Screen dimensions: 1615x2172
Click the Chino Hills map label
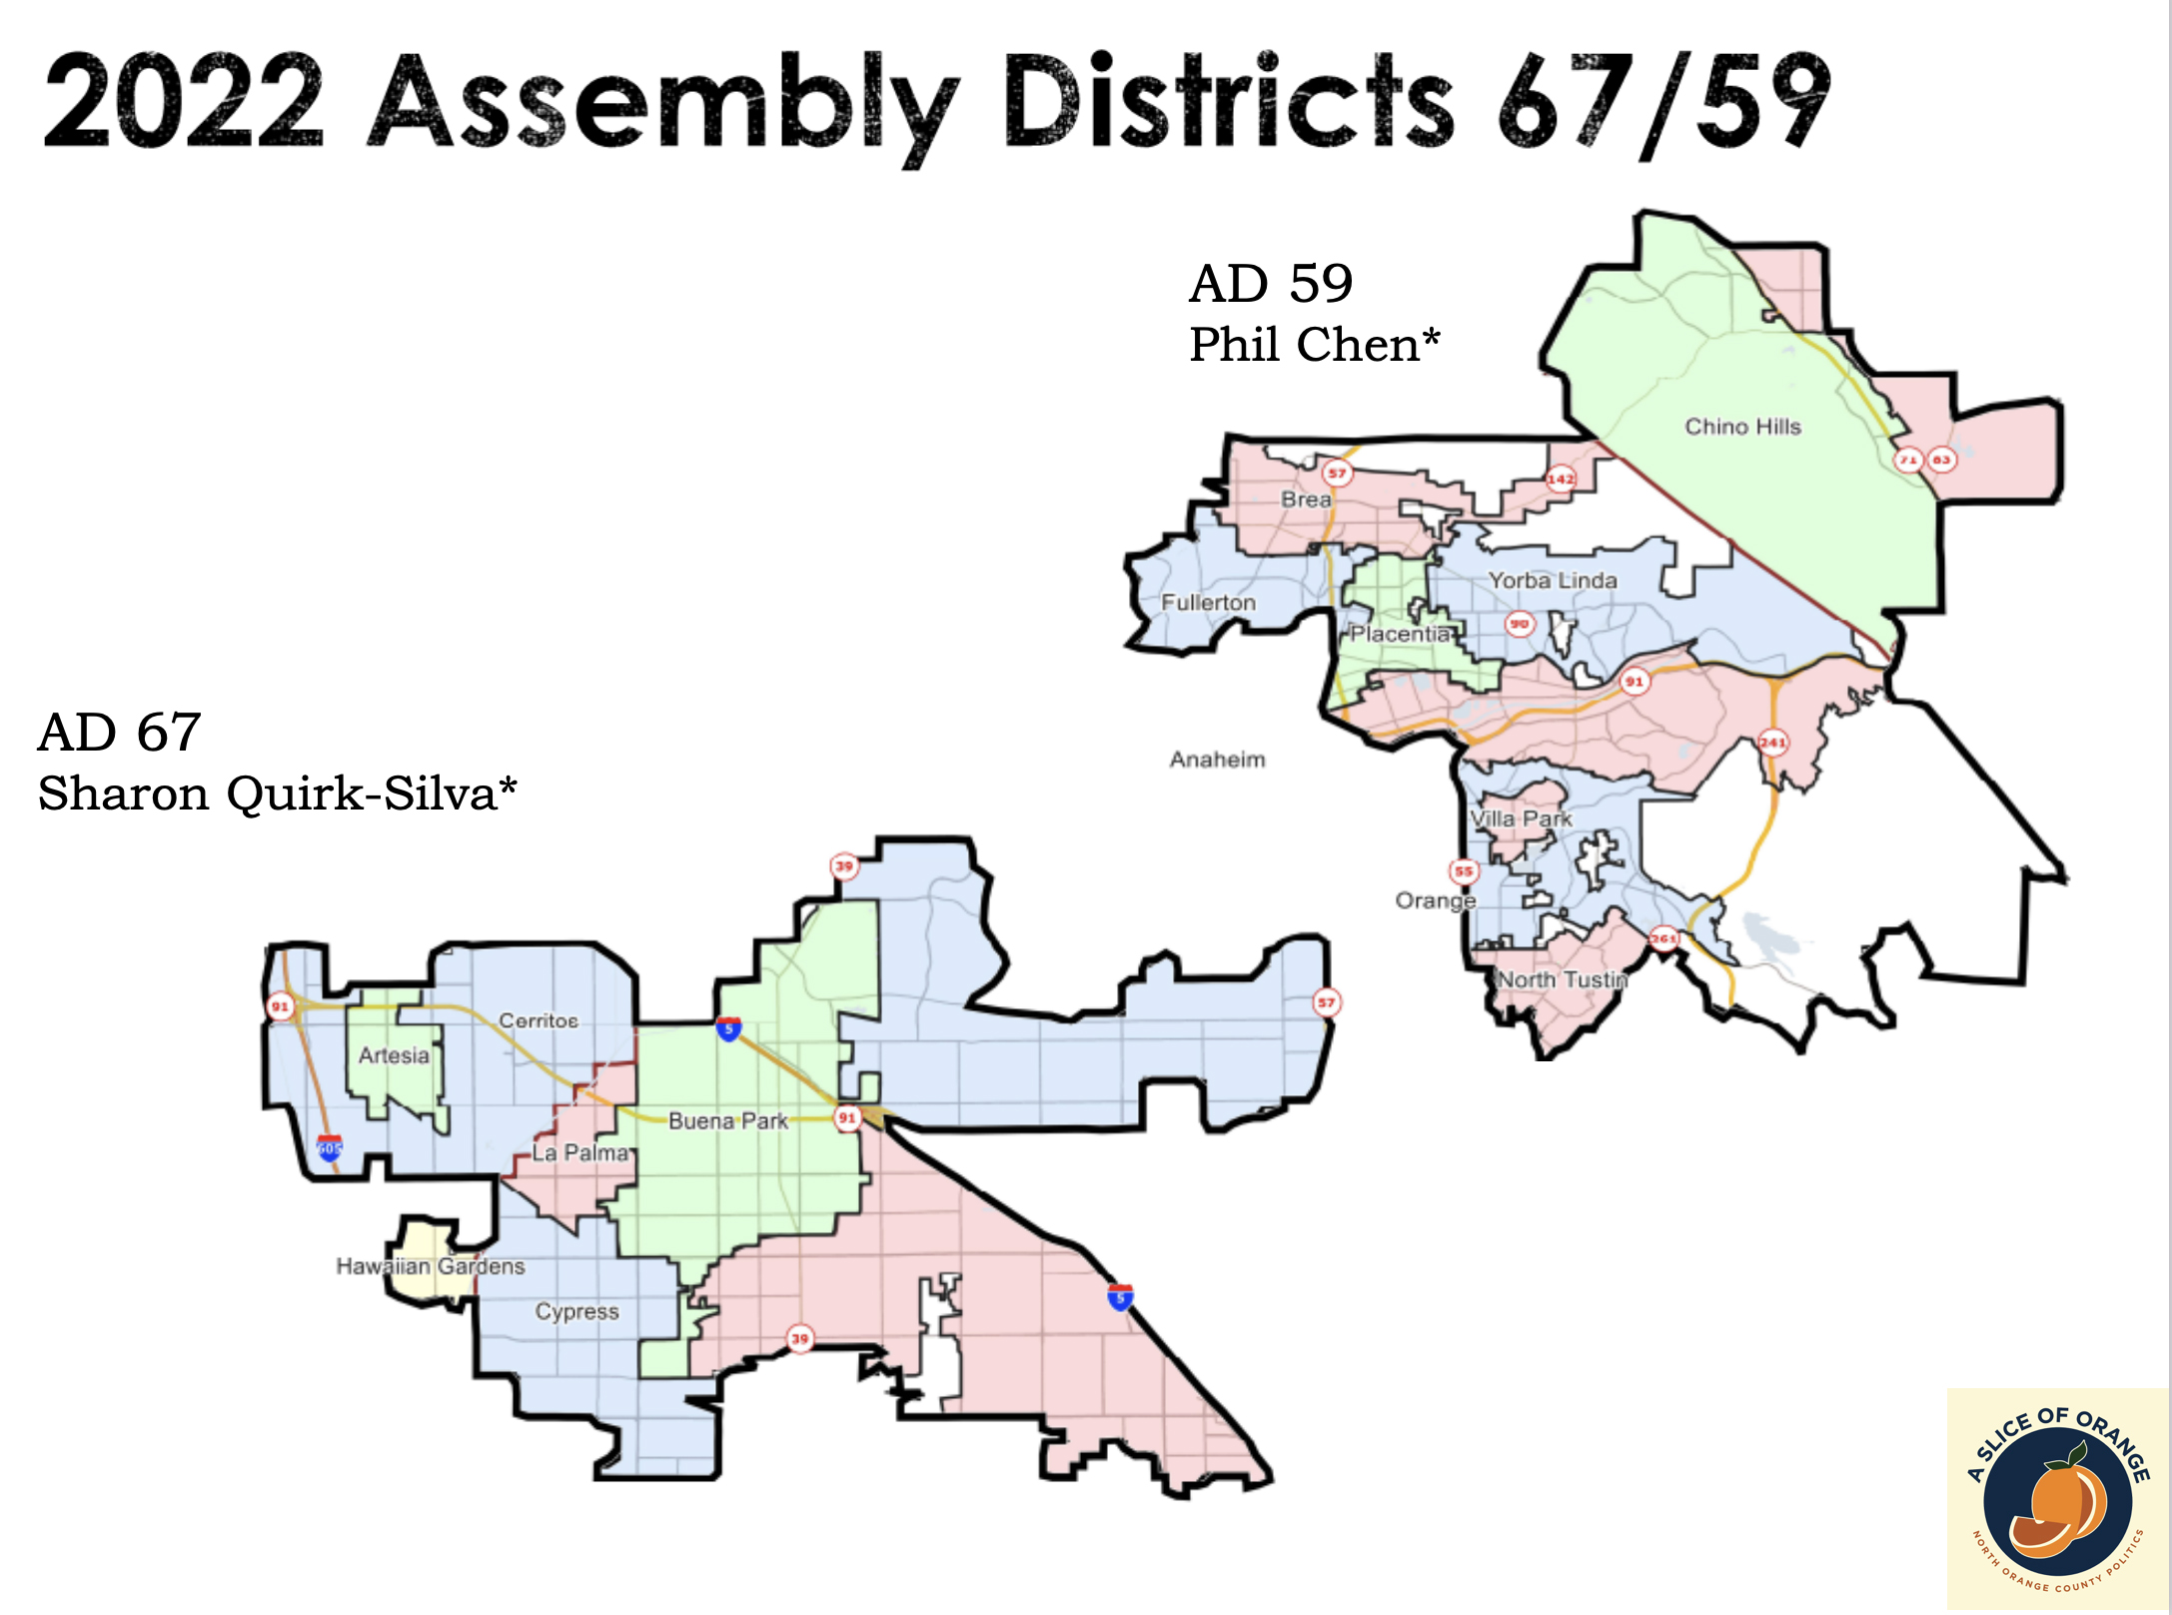pos(1742,427)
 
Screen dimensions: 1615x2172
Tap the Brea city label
pos(1306,500)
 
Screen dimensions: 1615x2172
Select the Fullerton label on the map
pos(1208,603)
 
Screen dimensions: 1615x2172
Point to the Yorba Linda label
pos(1553,581)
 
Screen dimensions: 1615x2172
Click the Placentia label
pos(1400,635)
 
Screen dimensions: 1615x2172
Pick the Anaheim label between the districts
pos(1217,760)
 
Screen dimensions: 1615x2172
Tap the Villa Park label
pos(1521,819)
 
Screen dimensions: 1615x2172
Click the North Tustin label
pos(1563,980)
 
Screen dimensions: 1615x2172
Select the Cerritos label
pos(539,1020)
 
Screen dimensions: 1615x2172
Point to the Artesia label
pos(394,1055)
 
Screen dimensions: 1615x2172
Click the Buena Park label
pos(728,1121)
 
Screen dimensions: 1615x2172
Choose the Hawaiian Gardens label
pos(430,1266)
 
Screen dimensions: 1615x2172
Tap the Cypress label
pos(576,1311)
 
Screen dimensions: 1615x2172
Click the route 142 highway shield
pos(1561,479)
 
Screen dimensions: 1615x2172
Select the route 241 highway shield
pos(1772,743)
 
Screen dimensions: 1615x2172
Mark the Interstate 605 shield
pos(329,1147)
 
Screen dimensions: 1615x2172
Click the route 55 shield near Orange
pos(1464,871)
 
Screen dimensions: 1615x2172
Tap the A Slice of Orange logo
pos(2057,1498)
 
